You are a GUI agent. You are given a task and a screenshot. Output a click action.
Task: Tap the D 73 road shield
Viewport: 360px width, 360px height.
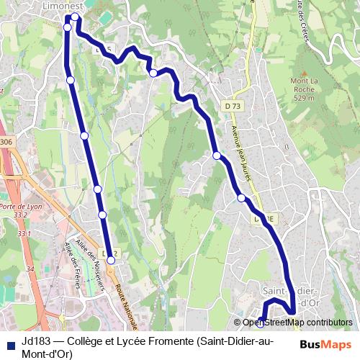tap(233, 107)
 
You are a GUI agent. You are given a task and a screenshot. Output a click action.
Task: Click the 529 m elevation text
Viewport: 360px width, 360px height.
tap(304, 98)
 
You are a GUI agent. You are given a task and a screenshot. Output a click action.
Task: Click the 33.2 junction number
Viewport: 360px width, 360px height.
tap(20, 215)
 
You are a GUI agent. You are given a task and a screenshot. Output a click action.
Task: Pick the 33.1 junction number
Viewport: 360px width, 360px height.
tap(24, 234)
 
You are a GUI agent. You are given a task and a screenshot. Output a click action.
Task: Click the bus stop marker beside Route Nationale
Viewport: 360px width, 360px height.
tap(111, 261)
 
